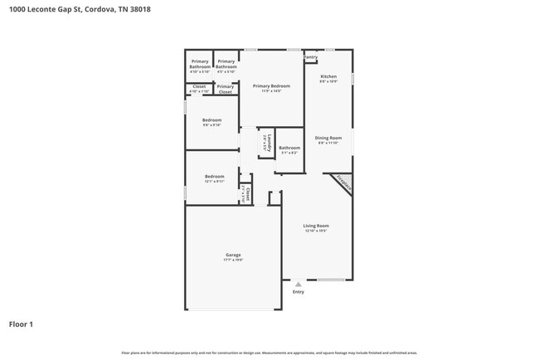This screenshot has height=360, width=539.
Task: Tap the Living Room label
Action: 316,226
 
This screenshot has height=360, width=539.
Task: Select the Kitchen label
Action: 328,76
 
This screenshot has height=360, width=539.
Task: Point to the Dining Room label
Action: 328,138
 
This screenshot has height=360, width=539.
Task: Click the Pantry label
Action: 311,57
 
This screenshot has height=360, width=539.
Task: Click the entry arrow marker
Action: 299,283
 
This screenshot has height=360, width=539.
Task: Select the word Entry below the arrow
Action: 299,291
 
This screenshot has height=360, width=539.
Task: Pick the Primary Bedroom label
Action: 271,86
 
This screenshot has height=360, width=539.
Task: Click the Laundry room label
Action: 268,143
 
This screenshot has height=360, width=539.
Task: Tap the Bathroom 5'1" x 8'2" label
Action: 289,148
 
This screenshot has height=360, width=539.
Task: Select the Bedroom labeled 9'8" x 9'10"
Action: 211,120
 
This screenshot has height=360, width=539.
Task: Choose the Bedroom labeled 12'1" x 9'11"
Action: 215,177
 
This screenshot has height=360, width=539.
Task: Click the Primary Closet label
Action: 226,89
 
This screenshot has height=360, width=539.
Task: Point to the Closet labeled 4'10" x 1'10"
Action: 199,87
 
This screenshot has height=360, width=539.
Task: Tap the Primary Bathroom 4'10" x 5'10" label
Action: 200,64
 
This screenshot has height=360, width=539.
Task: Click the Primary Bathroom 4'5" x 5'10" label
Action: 226,64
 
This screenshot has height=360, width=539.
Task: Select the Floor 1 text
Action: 21,324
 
